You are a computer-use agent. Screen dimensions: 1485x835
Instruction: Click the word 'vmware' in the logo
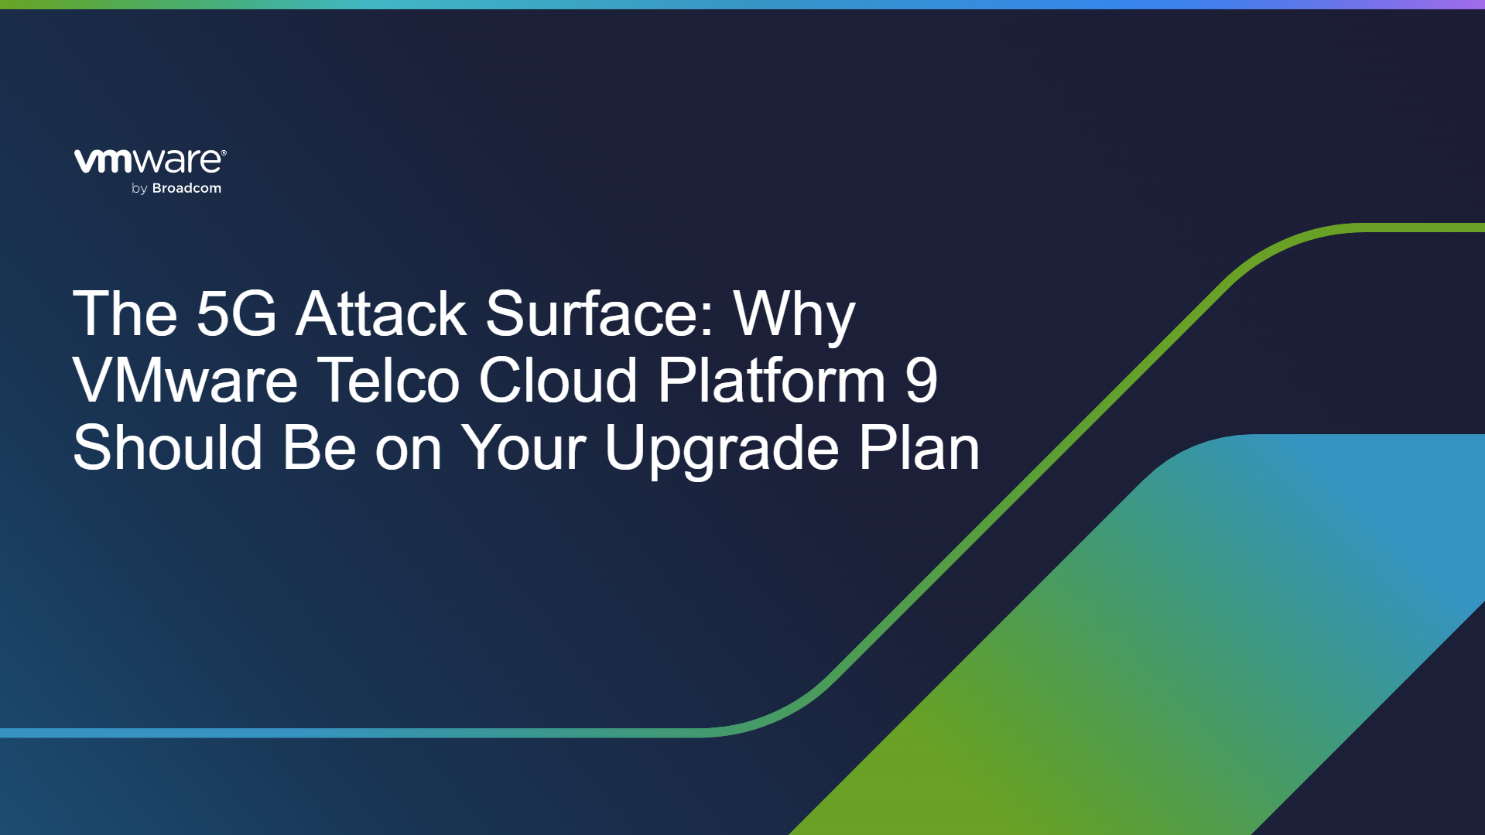[147, 161]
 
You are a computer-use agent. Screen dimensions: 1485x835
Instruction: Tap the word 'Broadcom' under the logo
[186, 188]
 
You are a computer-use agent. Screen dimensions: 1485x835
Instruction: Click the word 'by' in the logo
[139, 189]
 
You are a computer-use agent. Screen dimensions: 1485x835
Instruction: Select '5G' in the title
[236, 313]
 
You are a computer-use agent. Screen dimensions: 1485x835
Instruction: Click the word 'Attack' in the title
[381, 313]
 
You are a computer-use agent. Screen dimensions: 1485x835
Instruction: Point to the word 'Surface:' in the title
[601, 313]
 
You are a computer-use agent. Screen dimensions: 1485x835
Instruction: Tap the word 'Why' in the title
[795, 317]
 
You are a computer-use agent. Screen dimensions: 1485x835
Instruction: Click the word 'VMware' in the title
[185, 380]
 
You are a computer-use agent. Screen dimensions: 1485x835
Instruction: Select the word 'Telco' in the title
[389, 380]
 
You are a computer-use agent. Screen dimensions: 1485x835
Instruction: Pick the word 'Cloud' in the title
[558, 380]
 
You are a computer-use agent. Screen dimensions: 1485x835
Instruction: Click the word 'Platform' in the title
[772, 380]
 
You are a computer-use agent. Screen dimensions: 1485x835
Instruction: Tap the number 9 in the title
[921, 380]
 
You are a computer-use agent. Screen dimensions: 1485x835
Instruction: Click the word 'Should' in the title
[168, 447]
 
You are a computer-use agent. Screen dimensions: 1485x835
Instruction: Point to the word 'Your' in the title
[523, 447]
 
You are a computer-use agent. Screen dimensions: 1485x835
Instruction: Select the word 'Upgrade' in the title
[721, 452]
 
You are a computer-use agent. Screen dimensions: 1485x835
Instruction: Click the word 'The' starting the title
[125, 313]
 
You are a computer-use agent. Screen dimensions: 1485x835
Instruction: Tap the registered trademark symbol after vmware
[224, 153]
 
